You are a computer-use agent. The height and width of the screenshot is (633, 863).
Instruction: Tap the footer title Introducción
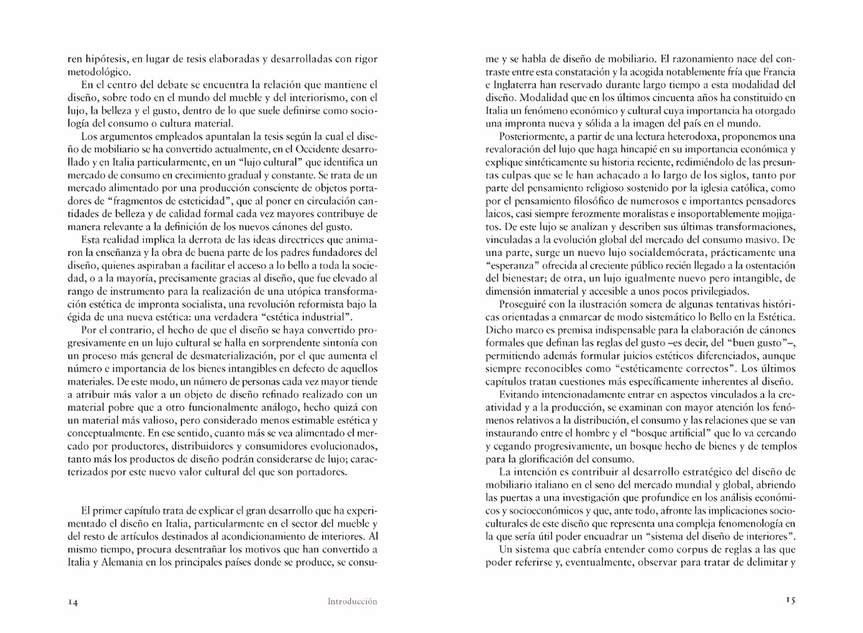coord(352,601)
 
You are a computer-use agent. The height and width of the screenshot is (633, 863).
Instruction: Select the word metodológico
coord(89,72)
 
